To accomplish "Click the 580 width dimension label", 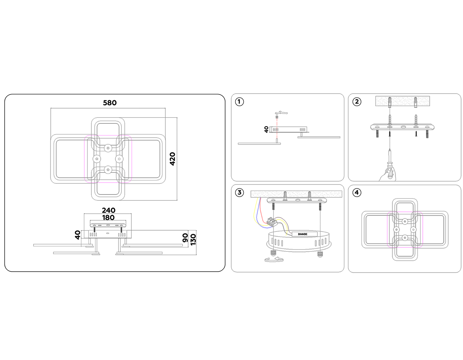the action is pos(110,103).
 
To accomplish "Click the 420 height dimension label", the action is pos(172,159).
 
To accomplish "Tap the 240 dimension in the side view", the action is pos(109,210).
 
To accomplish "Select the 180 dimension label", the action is pos(108,217).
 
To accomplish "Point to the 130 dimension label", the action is pos(193,239).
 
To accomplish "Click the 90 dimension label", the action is pos(186,238).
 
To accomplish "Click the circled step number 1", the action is pos(239,101).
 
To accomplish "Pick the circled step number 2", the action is pos(357,101).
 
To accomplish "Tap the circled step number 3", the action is pos(239,193).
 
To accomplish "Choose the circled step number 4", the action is pos(357,193).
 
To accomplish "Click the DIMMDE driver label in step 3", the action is pos(302,234).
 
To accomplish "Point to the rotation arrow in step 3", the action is pos(274,259).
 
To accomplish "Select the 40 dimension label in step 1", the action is pos(266,130).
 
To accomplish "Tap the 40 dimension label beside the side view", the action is pos(78,235).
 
